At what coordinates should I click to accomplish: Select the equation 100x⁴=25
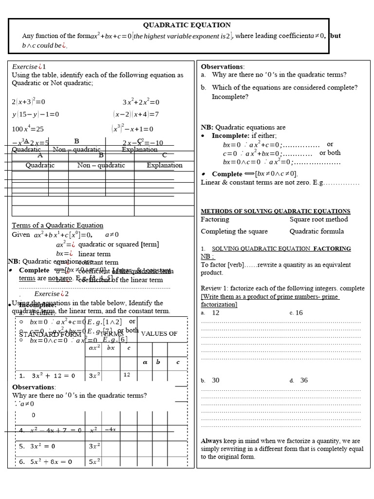[28, 129]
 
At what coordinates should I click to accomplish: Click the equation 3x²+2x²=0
[141, 102]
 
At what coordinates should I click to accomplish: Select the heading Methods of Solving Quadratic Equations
[275, 211]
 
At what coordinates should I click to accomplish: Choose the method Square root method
[318, 220]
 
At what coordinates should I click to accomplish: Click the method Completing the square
[234, 231]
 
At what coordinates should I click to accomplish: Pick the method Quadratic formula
[317, 231]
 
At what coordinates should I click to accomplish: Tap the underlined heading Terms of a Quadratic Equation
[57, 225]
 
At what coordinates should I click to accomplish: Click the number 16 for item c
[299, 313]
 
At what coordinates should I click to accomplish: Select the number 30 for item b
[216, 380]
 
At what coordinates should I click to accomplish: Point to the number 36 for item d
[304, 380]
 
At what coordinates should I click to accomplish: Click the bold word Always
[211, 441]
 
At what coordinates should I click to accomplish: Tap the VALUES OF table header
[159, 334]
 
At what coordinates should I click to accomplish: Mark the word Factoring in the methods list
[215, 220]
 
